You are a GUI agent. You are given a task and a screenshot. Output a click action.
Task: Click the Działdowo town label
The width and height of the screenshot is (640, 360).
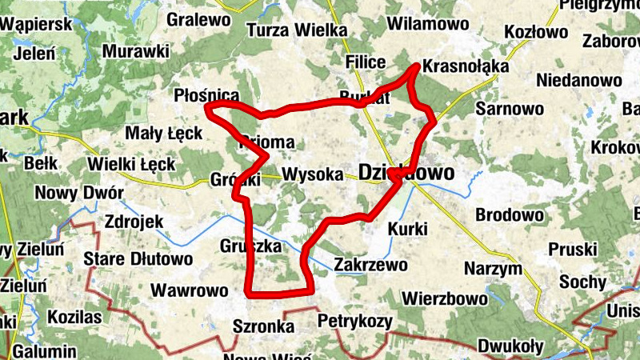coord(406,173)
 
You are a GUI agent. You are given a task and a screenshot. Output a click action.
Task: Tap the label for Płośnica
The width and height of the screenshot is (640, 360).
coord(206,96)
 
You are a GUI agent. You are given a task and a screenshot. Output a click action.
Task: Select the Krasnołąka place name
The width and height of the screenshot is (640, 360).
coord(466,66)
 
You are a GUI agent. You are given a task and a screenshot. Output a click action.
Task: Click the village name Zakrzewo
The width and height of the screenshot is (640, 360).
coord(371,264)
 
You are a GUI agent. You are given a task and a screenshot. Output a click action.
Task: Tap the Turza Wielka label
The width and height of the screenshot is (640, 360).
coord(297,30)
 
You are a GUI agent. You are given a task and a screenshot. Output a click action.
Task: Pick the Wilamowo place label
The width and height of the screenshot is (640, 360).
coord(426,23)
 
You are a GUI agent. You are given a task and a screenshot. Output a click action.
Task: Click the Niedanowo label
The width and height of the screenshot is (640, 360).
coord(579,80)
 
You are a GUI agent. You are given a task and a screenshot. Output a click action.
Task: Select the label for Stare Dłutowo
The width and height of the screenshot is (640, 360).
coord(138,259)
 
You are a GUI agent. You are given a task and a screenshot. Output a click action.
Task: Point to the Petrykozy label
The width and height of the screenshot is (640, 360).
coord(355,322)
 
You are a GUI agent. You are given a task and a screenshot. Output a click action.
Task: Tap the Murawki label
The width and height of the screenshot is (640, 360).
coord(136,51)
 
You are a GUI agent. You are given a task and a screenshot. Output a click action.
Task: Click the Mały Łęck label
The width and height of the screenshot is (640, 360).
coord(164,133)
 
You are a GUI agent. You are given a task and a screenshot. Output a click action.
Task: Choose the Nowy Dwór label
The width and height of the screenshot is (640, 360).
coord(79,194)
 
